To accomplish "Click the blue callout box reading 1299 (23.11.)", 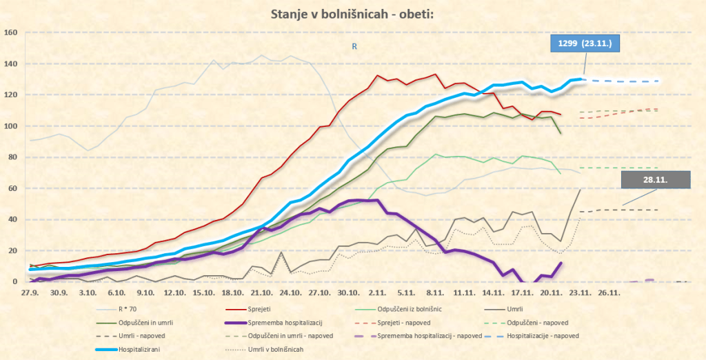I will [x=585, y=44].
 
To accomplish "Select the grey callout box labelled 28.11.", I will [x=655, y=179].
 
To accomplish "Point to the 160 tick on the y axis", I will [x=10, y=32].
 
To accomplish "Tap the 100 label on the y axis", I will [x=10, y=126].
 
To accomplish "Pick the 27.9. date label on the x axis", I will [x=29, y=292].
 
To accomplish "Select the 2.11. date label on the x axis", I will [x=377, y=292].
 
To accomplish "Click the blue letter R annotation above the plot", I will [x=354, y=46].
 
